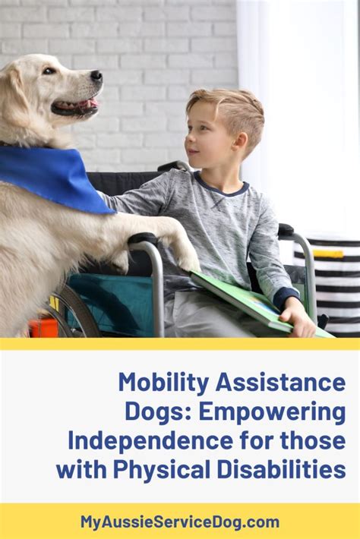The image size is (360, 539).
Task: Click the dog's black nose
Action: click(96, 76)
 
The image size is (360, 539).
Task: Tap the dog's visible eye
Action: click(49, 71)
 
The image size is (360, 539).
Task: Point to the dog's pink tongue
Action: click(90, 103)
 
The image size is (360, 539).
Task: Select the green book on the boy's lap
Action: click(254, 302)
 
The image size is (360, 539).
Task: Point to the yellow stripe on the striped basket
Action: click(328, 254)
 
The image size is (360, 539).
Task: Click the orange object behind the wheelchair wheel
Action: click(43, 327)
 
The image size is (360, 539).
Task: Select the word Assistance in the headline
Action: click(280, 383)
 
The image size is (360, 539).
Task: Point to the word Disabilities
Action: click(281, 470)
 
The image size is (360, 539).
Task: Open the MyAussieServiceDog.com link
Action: click(180, 522)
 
